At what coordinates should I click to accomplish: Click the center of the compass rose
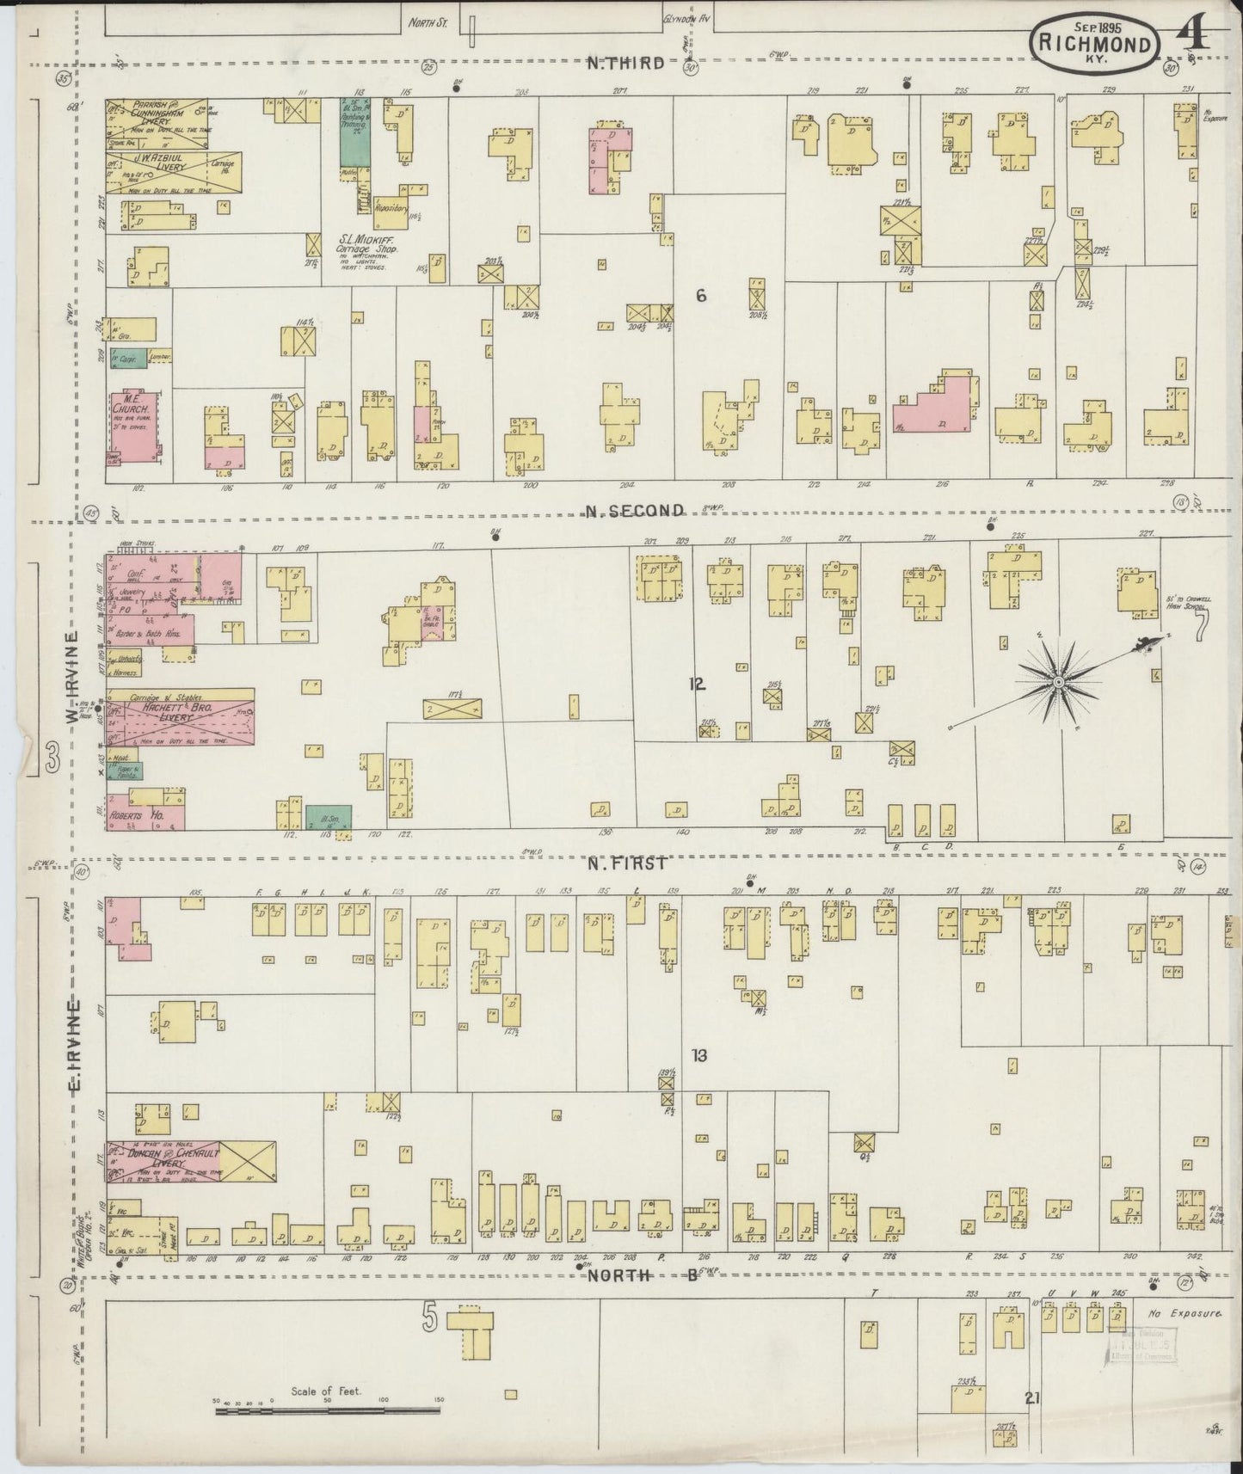[x=1059, y=682]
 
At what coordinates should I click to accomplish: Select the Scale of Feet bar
[x=327, y=1410]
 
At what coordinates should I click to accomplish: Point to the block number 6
[x=701, y=296]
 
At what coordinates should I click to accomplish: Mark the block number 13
[x=699, y=1055]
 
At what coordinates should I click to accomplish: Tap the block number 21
[x=1032, y=1397]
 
